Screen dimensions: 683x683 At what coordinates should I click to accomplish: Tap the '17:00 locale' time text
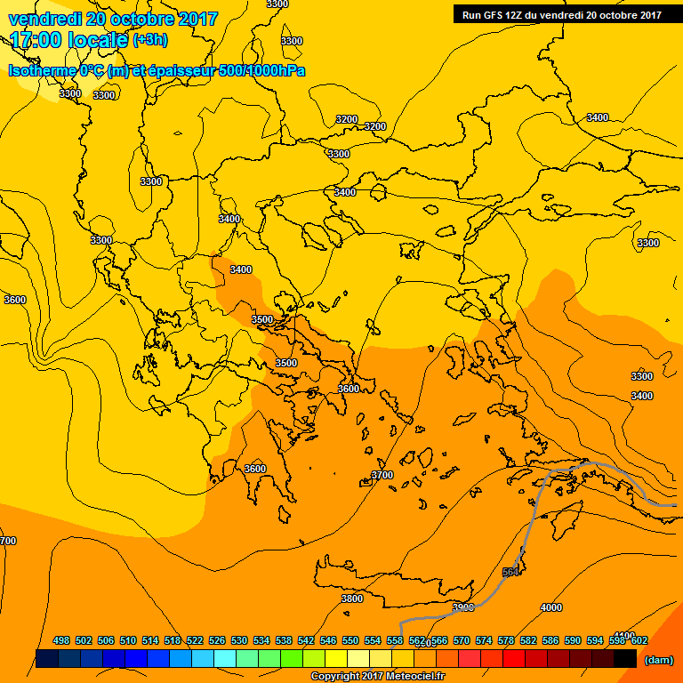[69, 40]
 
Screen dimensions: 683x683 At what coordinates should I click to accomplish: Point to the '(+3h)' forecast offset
[150, 40]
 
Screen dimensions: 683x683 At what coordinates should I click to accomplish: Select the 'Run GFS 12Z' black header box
[561, 14]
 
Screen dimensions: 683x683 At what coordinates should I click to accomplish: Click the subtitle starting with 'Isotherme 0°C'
[157, 69]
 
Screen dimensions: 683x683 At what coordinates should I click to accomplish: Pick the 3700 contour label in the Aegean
[382, 475]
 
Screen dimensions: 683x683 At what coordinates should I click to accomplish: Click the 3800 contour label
[352, 599]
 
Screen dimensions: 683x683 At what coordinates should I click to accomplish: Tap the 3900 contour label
[463, 607]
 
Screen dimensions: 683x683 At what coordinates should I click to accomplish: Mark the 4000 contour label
[551, 607]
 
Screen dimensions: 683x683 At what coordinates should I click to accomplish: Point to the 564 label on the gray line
[510, 572]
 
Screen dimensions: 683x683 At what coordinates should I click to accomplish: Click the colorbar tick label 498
[61, 641]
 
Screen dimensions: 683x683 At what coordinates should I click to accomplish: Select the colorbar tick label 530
[239, 641]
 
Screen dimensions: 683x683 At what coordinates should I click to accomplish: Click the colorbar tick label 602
[639, 641]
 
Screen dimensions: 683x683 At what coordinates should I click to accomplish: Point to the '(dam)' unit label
[658, 660]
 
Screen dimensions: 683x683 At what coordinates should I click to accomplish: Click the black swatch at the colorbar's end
[625, 659]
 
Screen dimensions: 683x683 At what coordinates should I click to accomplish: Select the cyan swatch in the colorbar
[225, 659]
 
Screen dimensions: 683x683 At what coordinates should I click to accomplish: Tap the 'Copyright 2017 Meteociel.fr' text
[377, 677]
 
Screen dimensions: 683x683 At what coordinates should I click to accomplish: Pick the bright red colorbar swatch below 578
[514, 659]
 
